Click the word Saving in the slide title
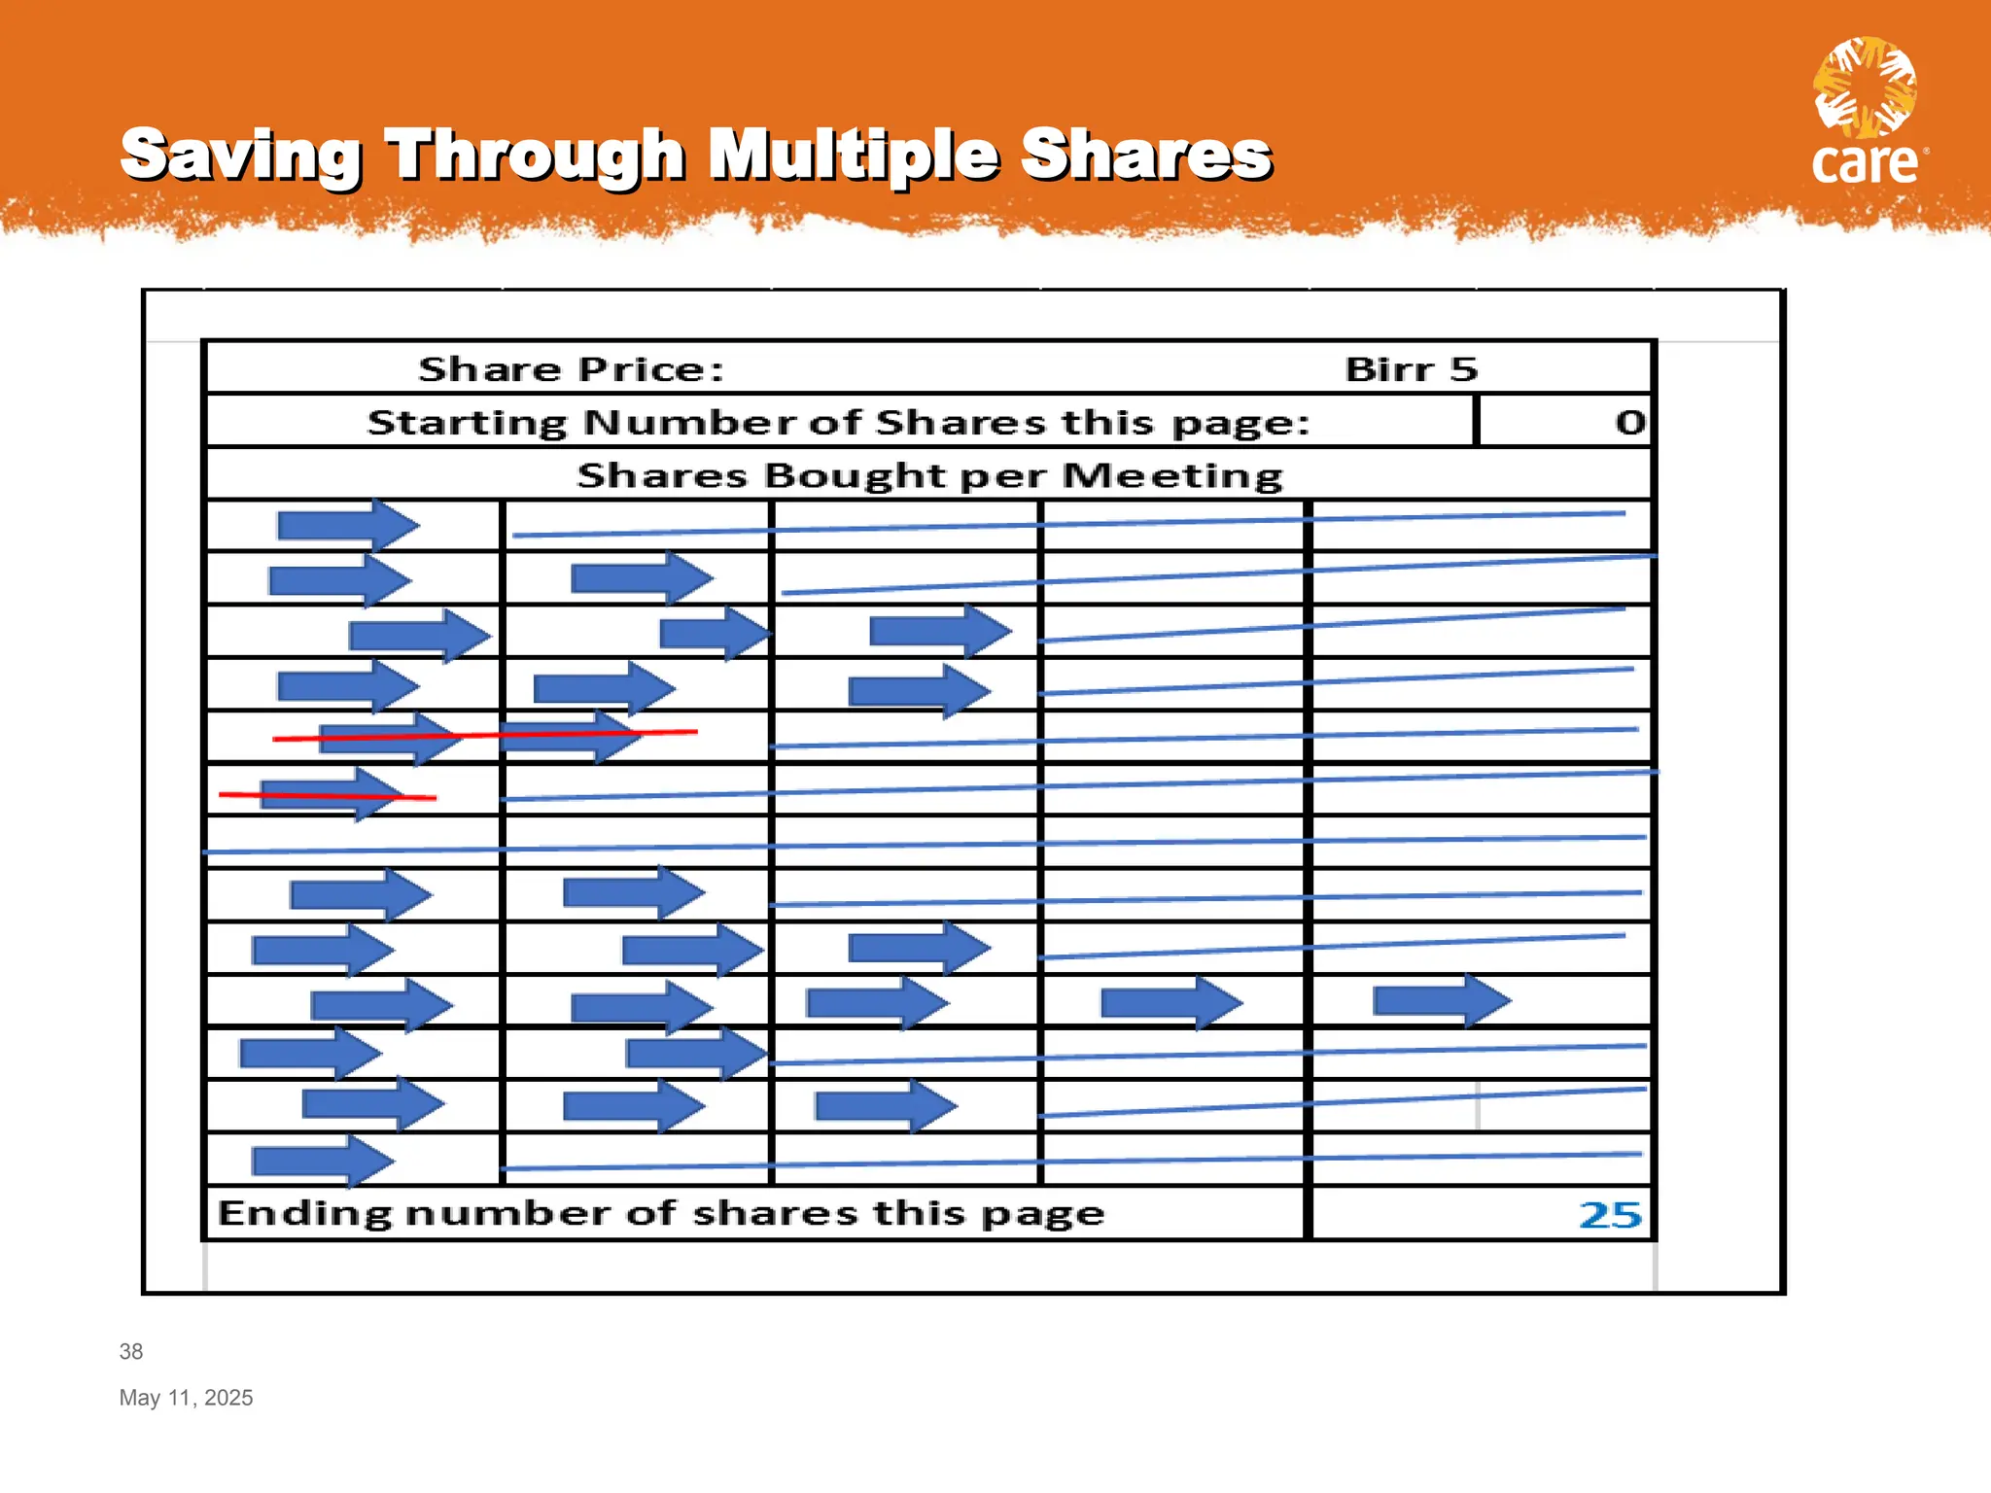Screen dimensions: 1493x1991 [x=241, y=156]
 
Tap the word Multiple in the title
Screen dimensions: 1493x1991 [x=853, y=156]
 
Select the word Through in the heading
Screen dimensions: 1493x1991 [x=536, y=156]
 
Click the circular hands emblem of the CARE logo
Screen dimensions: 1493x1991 [x=1865, y=87]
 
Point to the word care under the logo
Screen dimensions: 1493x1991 [x=1865, y=163]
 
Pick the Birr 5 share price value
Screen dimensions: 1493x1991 [x=1411, y=369]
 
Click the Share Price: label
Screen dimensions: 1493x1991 [x=571, y=369]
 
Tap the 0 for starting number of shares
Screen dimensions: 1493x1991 [x=1630, y=422]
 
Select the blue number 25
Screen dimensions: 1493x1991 [x=1610, y=1214]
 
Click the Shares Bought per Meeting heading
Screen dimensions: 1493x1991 [x=929, y=475]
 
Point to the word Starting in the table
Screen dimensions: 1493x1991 [x=466, y=423]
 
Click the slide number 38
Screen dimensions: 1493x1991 [x=131, y=1351]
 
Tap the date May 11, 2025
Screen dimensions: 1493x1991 [x=186, y=1398]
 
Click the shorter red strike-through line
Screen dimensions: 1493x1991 [x=328, y=796]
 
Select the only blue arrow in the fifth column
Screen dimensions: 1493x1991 [x=1442, y=999]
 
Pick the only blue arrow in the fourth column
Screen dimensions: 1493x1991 [x=1171, y=1002]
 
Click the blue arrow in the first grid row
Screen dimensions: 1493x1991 [x=348, y=526]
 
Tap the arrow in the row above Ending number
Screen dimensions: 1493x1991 [x=323, y=1161]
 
